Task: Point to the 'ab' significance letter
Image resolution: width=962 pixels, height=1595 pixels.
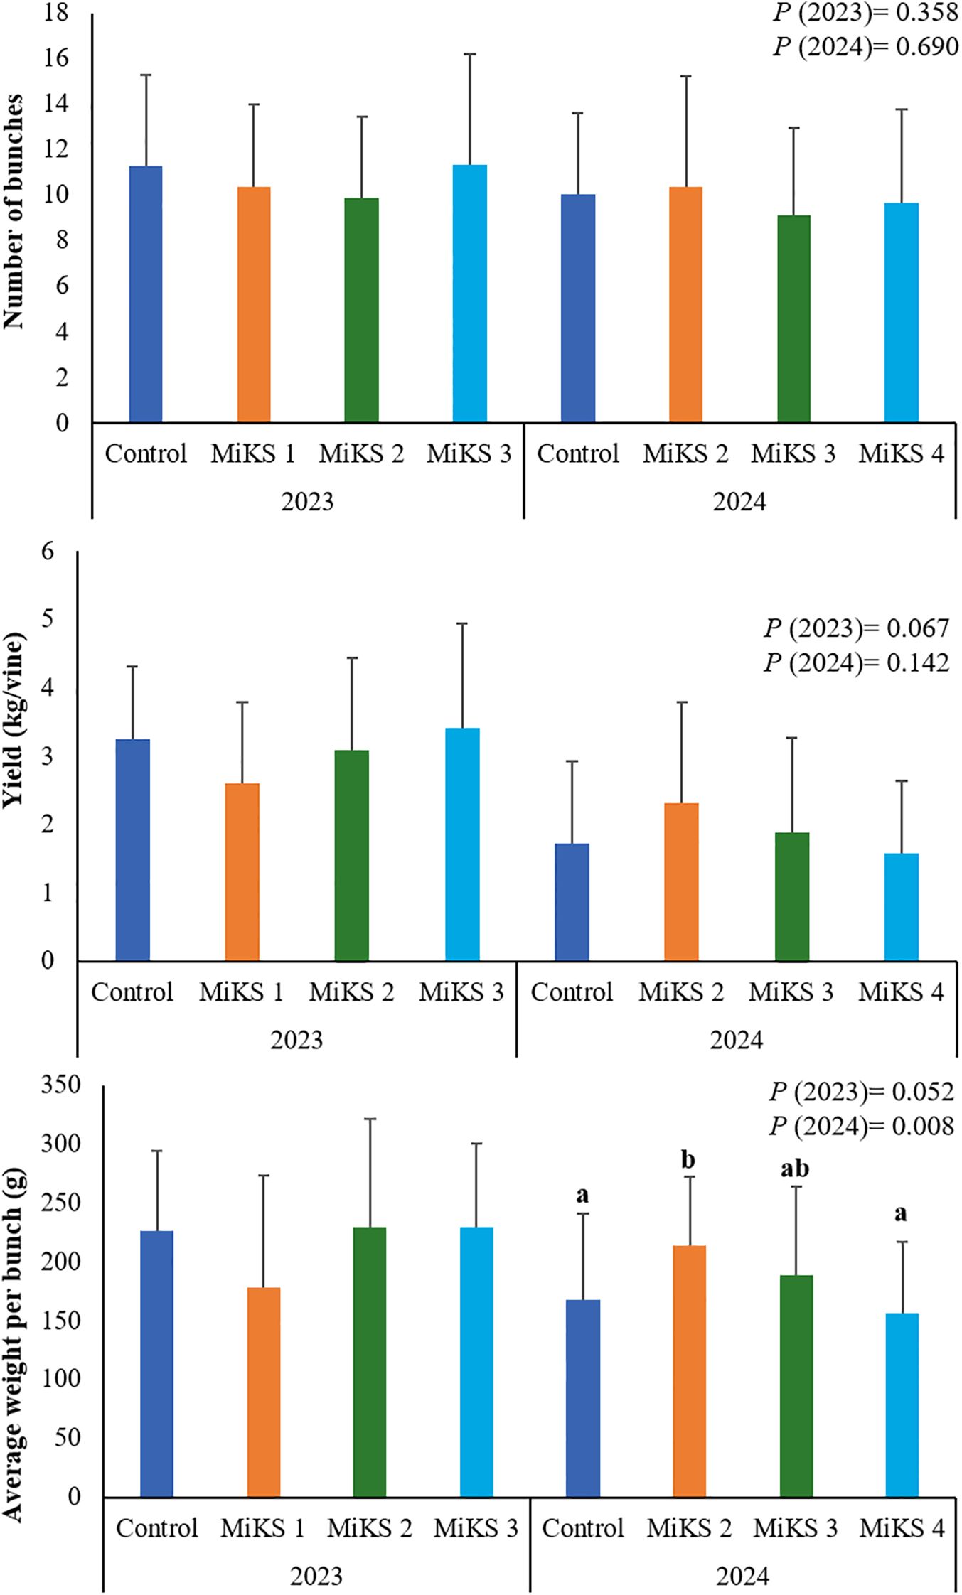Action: [x=795, y=1169]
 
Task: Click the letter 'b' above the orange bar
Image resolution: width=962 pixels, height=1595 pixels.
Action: [x=688, y=1160]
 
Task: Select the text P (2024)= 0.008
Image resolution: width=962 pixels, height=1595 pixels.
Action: [x=861, y=1126]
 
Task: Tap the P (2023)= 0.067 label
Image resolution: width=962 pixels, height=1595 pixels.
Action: [x=857, y=628]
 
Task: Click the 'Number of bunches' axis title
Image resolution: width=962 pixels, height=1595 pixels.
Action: [x=16, y=211]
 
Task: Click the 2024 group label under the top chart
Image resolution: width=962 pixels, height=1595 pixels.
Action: [x=739, y=503]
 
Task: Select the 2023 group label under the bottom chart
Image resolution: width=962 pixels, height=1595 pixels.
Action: [x=316, y=1577]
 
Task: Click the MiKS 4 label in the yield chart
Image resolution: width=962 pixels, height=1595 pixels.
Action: [x=901, y=992]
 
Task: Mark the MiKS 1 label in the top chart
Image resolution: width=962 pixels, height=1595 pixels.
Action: [x=253, y=453]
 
